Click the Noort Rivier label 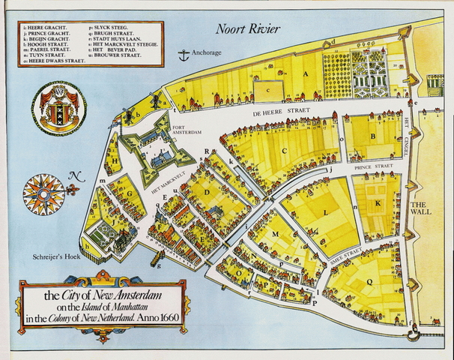click(247, 29)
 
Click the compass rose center click(43, 192)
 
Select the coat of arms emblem click(59, 108)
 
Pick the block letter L click(325, 213)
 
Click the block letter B click(372, 136)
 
